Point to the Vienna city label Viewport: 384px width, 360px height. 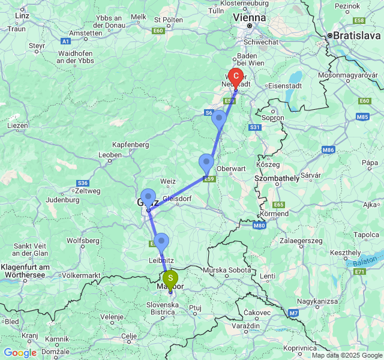click(250, 18)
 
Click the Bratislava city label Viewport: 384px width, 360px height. click(357, 35)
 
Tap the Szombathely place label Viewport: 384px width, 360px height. click(277, 179)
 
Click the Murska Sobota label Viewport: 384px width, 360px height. click(227, 271)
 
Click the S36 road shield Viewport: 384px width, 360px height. click(83, 183)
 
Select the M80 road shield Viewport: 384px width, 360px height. click(259, 226)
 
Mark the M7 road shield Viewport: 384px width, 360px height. click(293, 313)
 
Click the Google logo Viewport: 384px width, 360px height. click(20, 353)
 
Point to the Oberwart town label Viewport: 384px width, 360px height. click(231, 169)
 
